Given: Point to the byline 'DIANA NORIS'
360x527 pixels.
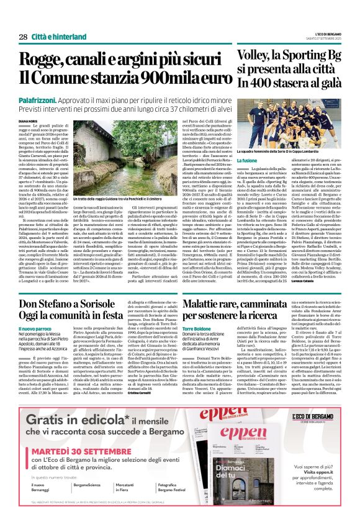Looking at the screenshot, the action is coord(29,122).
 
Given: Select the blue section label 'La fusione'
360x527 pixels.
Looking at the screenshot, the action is coord(247,161).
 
